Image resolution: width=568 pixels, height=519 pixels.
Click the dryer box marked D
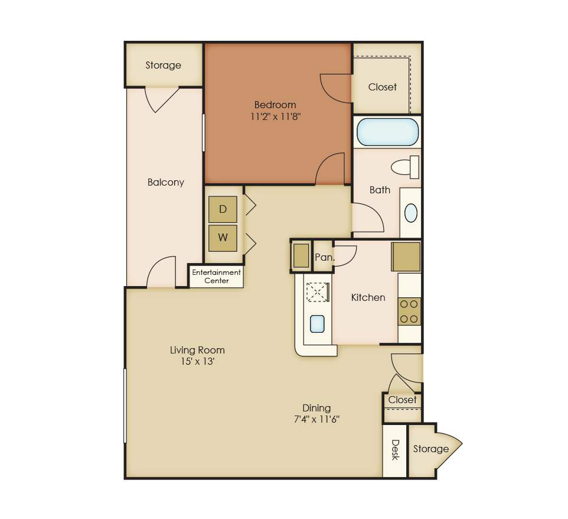[223, 209]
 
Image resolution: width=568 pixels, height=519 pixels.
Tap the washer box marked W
[223, 238]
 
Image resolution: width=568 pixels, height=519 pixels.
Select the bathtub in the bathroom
[387, 132]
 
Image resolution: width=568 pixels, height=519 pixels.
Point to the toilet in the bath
[406, 167]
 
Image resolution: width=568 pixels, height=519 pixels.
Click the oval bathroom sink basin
[411, 213]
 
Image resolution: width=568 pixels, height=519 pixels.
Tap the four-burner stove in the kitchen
[410, 312]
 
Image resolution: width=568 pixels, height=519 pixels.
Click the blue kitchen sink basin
[317, 325]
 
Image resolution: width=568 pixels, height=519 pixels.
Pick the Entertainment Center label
[216, 277]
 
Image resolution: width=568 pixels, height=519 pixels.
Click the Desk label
[395, 450]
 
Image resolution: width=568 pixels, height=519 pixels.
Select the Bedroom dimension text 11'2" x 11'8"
[276, 116]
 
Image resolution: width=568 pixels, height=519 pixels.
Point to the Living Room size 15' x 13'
[198, 361]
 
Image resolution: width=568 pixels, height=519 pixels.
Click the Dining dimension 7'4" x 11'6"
[316, 419]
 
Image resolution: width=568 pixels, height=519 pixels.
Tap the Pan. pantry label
[324, 258]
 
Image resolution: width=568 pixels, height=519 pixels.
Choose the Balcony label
[166, 182]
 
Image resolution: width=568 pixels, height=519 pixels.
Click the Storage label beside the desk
[431, 449]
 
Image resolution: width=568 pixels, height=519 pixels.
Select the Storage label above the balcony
[164, 65]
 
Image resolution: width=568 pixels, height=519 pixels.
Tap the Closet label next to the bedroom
[383, 87]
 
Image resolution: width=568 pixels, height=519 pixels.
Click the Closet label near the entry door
[403, 400]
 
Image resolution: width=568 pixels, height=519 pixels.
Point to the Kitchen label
[368, 297]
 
